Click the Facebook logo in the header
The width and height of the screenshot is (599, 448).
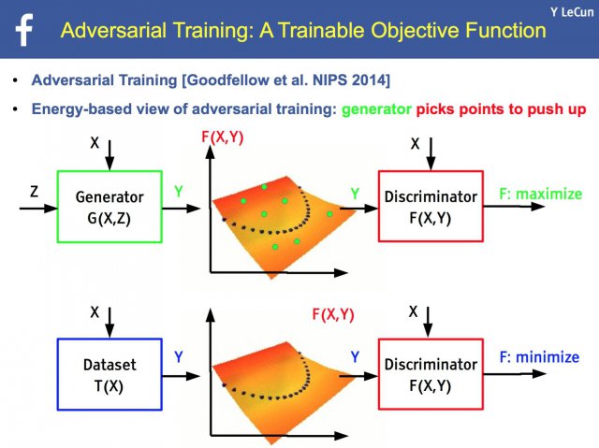24,30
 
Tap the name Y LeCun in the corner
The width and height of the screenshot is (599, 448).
572,12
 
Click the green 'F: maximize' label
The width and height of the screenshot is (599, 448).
541,194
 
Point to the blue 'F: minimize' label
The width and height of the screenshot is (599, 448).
539,357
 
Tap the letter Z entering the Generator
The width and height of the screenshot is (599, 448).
34,191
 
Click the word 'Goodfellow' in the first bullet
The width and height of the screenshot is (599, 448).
226,80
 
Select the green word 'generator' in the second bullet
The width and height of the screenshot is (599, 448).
376,109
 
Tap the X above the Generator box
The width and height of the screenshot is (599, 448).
95,143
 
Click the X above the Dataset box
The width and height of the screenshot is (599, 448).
95,312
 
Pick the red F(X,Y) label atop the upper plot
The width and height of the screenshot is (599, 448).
223,137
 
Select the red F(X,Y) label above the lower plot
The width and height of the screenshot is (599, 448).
333,315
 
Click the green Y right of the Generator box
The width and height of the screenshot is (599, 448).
179,191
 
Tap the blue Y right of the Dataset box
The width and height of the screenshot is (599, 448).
179,356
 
